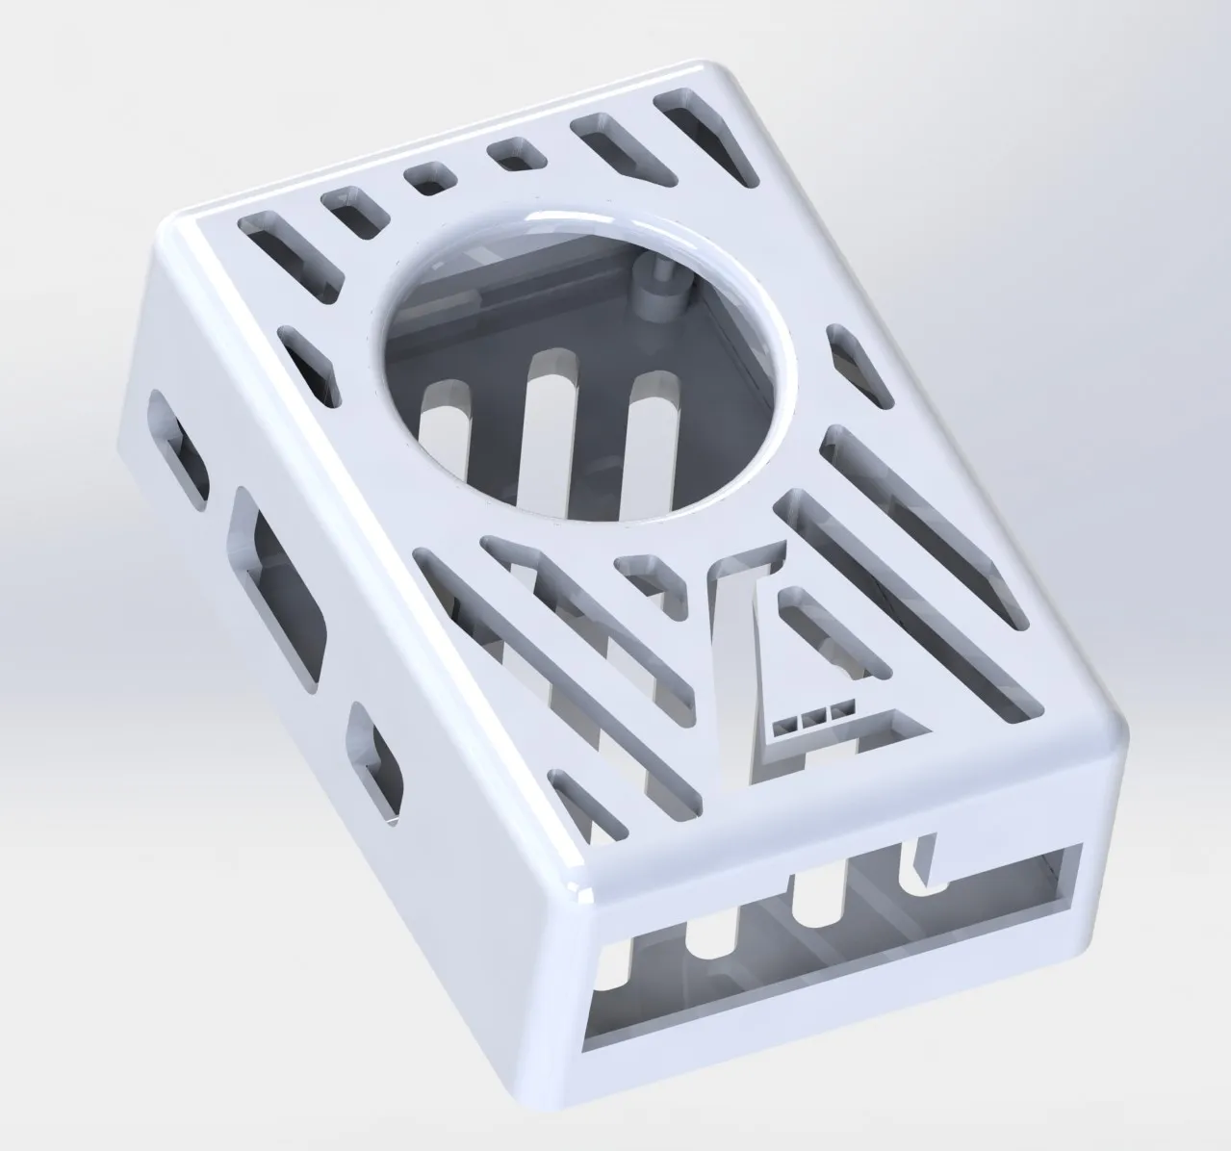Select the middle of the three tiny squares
816,715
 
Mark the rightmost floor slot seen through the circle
650,433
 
